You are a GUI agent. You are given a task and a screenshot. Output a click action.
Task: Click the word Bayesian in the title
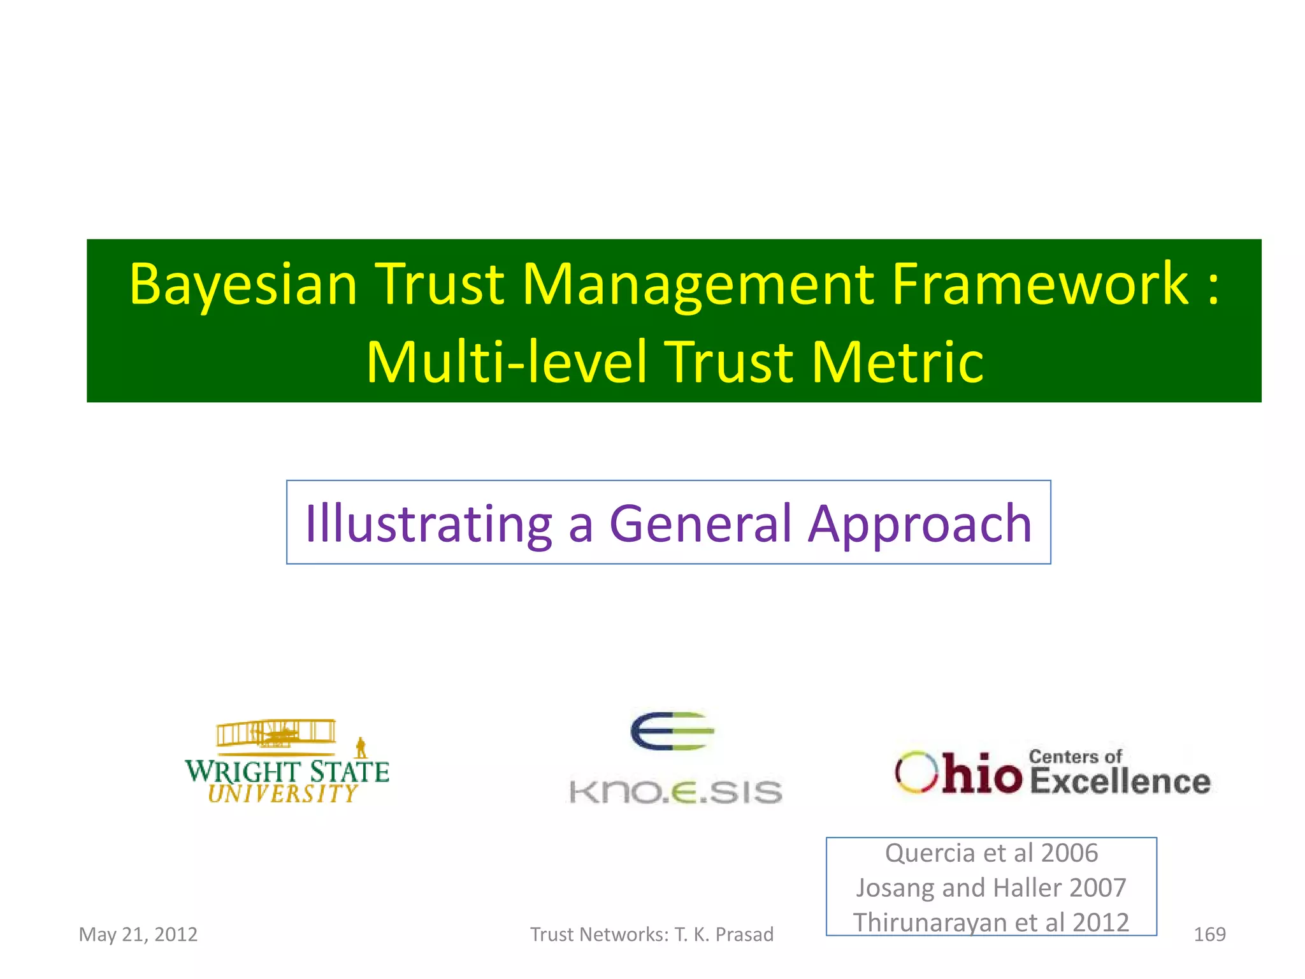(x=243, y=285)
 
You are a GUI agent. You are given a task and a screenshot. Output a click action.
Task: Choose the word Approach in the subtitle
(x=919, y=524)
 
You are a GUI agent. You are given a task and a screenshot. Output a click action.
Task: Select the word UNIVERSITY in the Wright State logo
(x=283, y=794)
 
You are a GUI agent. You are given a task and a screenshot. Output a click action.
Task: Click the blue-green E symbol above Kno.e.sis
(x=672, y=731)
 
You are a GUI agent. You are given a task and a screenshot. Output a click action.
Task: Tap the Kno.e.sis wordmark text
(x=675, y=792)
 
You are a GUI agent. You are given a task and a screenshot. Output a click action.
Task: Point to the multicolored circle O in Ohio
(x=916, y=772)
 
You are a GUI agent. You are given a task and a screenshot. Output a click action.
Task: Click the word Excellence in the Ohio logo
(x=1120, y=781)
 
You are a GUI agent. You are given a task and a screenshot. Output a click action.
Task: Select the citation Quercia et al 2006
(x=991, y=853)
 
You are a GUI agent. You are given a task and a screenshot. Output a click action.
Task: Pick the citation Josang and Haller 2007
(x=991, y=888)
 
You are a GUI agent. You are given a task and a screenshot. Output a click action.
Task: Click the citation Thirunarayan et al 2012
(x=991, y=922)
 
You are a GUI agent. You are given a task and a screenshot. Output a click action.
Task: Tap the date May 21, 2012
(x=138, y=934)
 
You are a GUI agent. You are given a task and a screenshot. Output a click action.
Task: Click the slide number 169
(x=1209, y=934)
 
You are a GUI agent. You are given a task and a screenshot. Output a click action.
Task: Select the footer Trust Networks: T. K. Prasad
(x=651, y=934)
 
